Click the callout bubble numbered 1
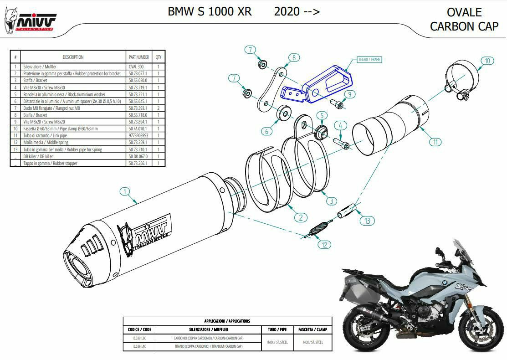[126, 192]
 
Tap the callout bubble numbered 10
[487, 61]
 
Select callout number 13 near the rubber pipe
[367, 221]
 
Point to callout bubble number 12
[324, 245]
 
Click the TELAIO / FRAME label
[369, 60]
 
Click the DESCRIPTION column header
[73, 57]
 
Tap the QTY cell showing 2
[159, 108]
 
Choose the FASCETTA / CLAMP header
[312, 329]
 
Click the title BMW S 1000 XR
[210, 11]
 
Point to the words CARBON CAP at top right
[464, 26]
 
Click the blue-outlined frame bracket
[319, 87]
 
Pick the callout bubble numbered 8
[294, 57]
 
